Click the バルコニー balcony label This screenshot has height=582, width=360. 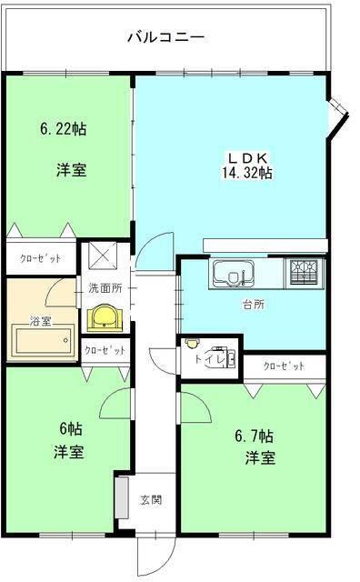click(165, 37)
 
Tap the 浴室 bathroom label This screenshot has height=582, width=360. click(40, 321)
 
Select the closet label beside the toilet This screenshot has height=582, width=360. click(284, 366)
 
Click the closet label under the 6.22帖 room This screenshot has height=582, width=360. click(41, 258)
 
